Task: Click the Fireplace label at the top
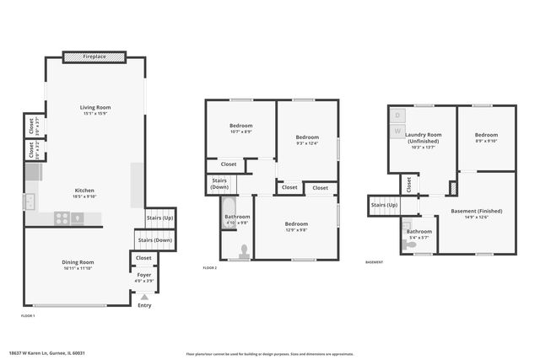click(x=94, y=57)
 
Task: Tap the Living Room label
click(x=95, y=108)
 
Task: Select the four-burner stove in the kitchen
click(x=62, y=218)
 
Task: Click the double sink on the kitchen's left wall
click(x=30, y=201)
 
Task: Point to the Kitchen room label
click(x=84, y=191)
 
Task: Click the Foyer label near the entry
click(x=144, y=275)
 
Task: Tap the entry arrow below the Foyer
click(x=144, y=297)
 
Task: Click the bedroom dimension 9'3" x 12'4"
click(x=307, y=142)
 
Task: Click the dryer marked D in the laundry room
click(x=397, y=115)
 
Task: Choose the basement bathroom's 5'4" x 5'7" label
click(x=419, y=237)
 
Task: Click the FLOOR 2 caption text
click(x=210, y=267)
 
